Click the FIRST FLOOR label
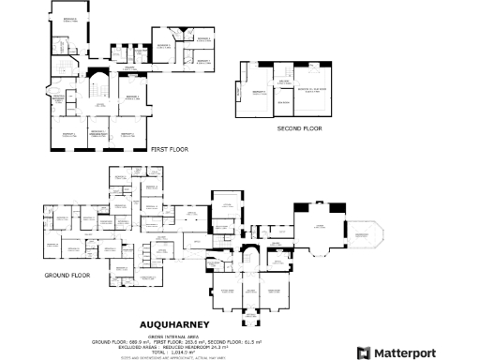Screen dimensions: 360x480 pyautogui.click(x=169, y=149)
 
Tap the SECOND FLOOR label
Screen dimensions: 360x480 pyautogui.click(x=292, y=128)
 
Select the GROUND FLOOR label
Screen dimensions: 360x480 pyautogui.click(x=65, y=276)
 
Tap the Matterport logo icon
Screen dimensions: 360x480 pyautogui.click(x=364, y=352)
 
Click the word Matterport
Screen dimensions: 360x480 pyautogui.click(x=410, y=352)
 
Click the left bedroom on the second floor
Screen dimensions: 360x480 pyautogui.click(x=254, y=93)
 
